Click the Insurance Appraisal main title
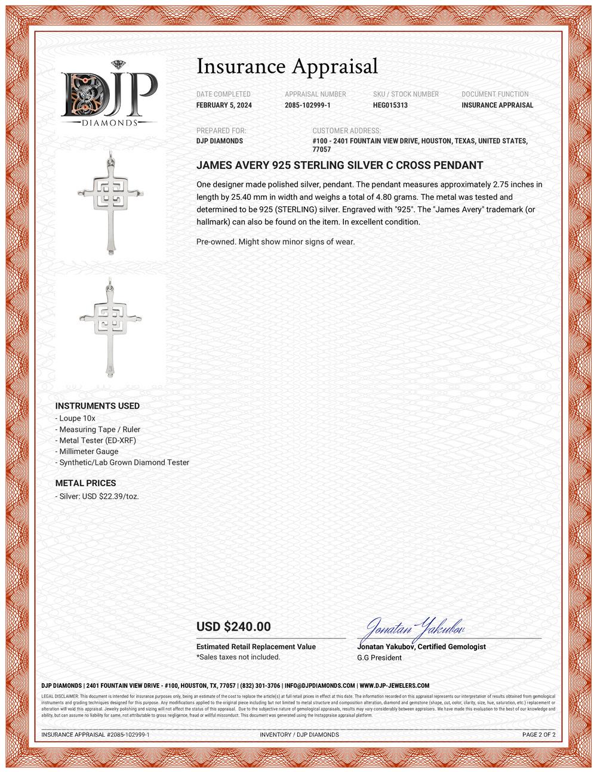coord(287,66)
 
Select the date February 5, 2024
coord(224,106)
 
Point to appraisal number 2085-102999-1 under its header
coord(307,106)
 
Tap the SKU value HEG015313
coord(390,106)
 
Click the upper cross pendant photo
coord(110,203)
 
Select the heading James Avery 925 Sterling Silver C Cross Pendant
coord(340,165)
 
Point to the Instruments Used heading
coord(97,406)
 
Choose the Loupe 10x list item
coord(76,418)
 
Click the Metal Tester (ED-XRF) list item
coord(97,440)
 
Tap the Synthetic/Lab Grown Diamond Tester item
coord(123,462)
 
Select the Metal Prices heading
coord(85,483)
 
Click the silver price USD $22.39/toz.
coord(98,496)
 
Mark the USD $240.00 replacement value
coord(233,627)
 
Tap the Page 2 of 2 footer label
coord(538,734)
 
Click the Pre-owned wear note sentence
coord(275,242)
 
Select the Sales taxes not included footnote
coord(238,657)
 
